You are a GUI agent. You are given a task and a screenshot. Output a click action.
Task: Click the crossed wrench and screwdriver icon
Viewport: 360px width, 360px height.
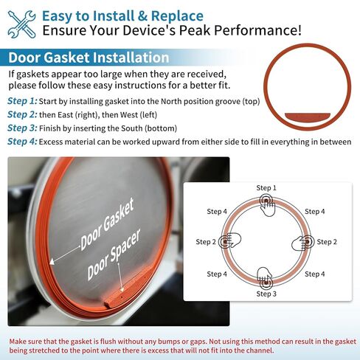[23, 22]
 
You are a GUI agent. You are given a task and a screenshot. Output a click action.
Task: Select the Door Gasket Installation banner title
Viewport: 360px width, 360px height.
[89, 58]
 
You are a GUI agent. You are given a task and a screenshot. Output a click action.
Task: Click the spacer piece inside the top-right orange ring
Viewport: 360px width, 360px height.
[308, 116]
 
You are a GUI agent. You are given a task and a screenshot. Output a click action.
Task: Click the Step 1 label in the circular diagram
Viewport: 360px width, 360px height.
[266, 189]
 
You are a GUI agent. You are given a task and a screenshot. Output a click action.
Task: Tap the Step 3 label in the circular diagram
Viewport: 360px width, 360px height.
[266, 294]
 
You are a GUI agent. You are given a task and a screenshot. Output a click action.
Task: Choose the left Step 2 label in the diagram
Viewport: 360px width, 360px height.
[206, 242]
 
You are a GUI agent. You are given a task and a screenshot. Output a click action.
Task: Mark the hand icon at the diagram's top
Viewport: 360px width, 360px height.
[266, 206]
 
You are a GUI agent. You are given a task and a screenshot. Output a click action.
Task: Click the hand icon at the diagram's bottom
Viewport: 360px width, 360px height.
[266, 278]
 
